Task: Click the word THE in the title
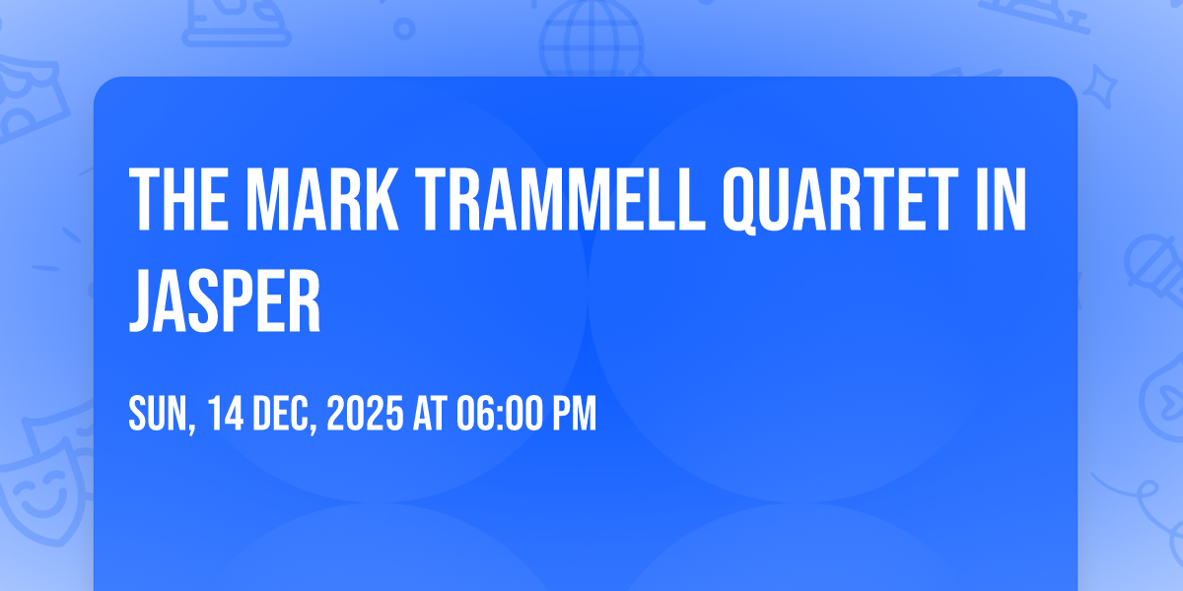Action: click(x=178, y=199)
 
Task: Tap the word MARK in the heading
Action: click(x=322, y=199)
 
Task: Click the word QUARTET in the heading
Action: click(x=841, y=201)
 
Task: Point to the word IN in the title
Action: click(x=1002, y=199)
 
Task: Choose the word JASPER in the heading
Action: click(x=225, y=300)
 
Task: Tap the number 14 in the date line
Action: click(x=226, y=413)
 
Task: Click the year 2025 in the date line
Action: click(x=365, y=413)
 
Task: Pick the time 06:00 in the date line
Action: click(x=500, y=413)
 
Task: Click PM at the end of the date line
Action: click(x=574, y=413)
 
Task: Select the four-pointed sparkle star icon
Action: click(x=1100, y=87)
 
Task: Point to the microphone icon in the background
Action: click(x=1154, y=269)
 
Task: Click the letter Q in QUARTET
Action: click(x=743, y=201)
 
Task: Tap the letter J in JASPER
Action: click(x=143, y=300)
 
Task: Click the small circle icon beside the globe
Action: click(x=404, y=29)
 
